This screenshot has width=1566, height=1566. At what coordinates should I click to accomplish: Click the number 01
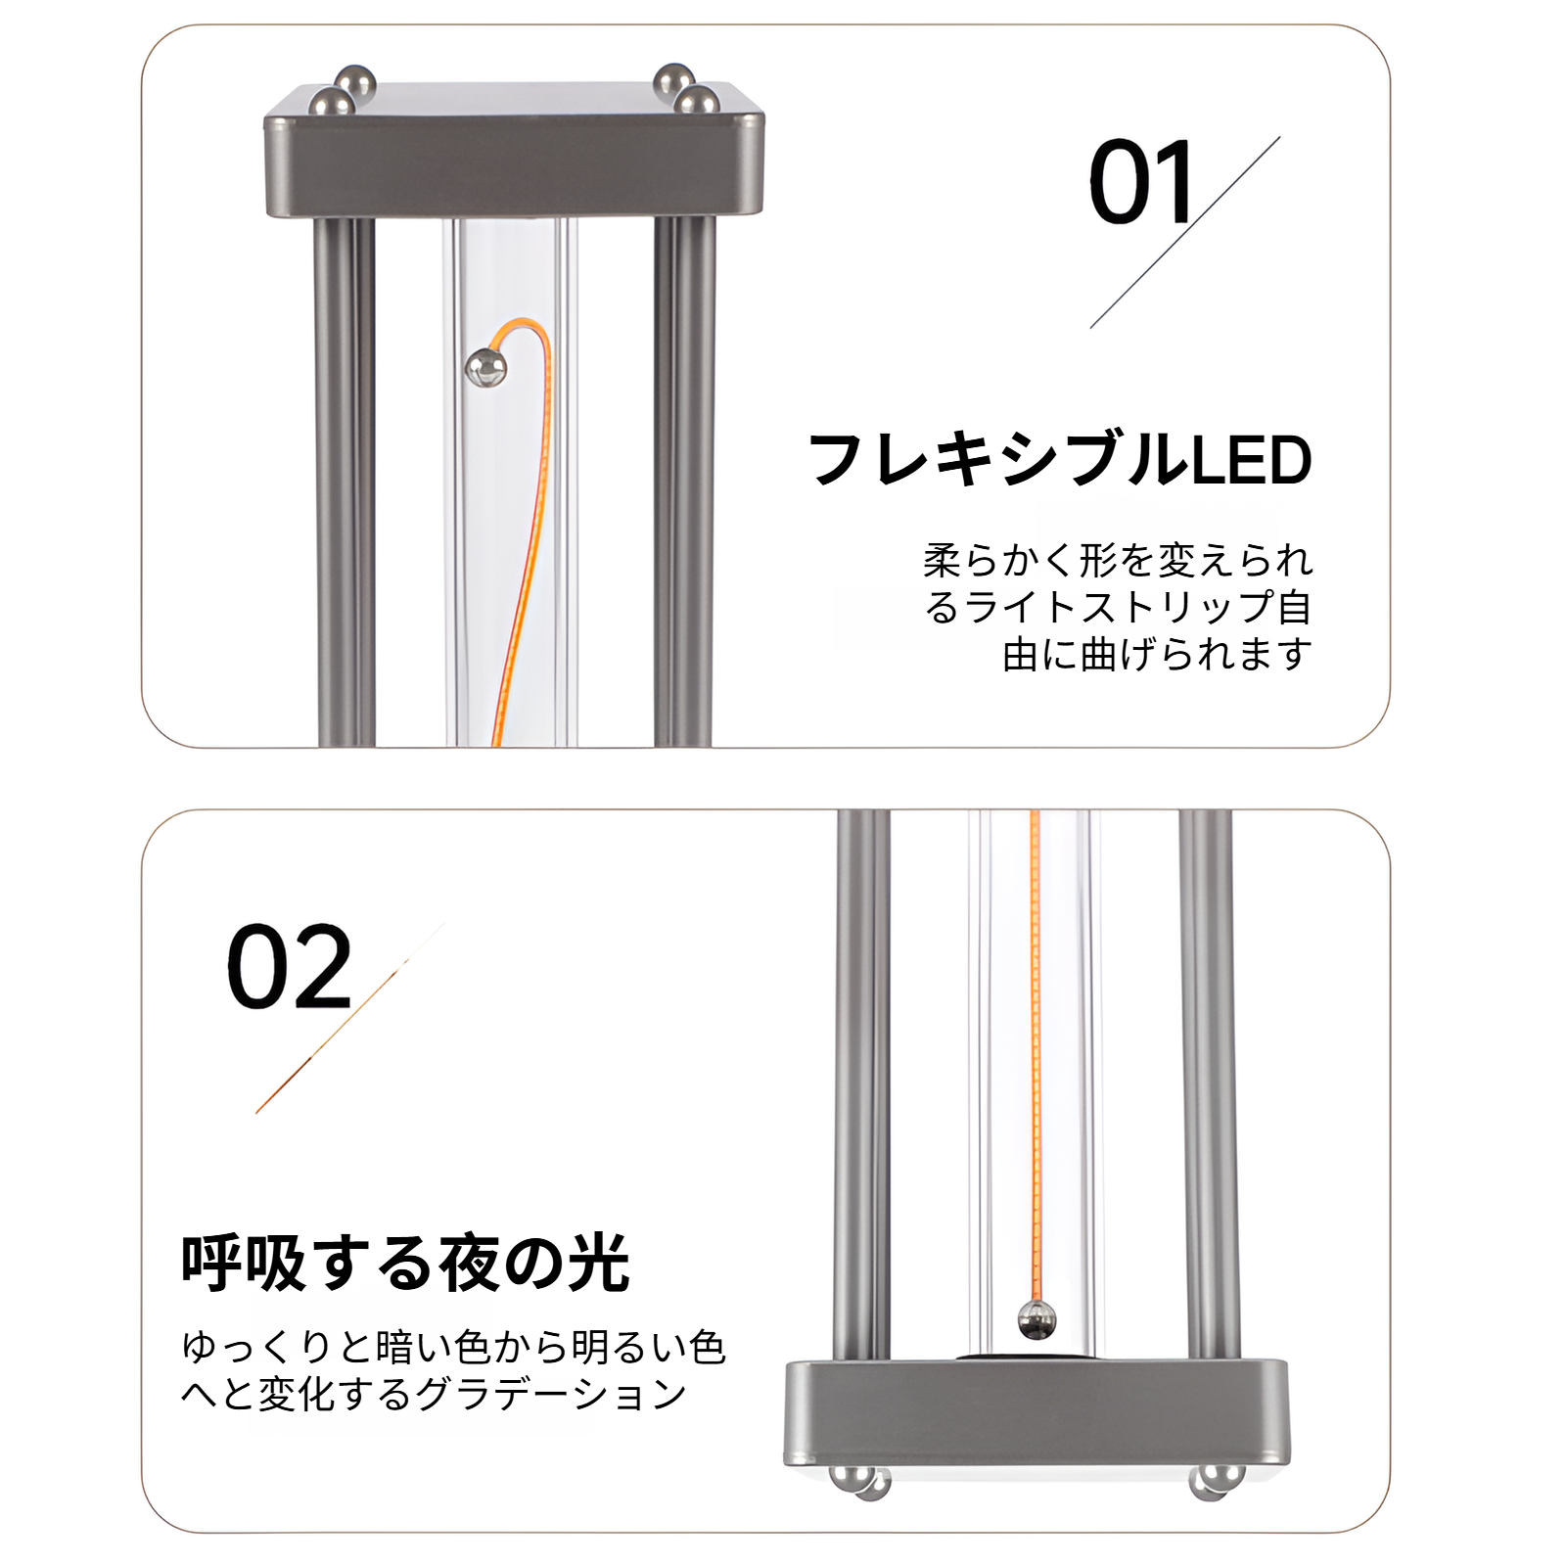[x=1141, y=183]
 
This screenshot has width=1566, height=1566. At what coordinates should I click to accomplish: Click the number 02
[x=289, y=967]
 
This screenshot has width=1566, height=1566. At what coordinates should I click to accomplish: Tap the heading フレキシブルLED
[x=1060, y=460]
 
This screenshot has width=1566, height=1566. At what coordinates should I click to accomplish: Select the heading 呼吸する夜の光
[x=405, y=1264]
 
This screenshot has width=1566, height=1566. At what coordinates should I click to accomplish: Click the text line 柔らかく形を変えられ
[x=1118, y=561]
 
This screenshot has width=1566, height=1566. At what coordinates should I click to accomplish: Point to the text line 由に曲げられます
[x=1157, y=654]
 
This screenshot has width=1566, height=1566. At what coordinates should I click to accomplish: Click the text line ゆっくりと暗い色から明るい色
[x=453, y=1348]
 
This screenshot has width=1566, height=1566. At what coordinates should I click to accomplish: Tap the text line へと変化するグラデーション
[x=434, y=1394]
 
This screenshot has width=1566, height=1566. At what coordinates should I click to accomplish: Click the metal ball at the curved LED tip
[x=485, y=367]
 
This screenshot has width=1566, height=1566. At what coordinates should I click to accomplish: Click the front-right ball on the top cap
[x=696, y=101]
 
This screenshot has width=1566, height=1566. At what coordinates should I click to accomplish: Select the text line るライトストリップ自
[x=1118, y=608]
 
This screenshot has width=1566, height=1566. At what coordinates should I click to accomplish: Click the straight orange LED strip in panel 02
[x=1034, y=1057]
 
